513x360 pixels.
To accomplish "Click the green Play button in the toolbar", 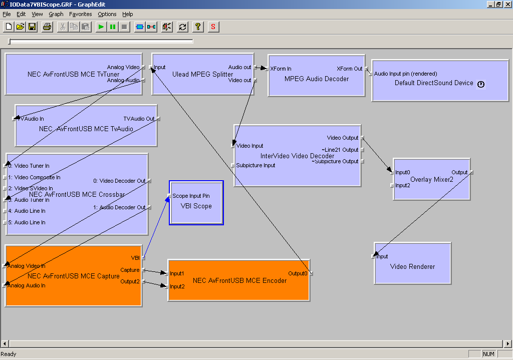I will tap(101, 27).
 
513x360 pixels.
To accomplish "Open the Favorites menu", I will tap(80, 14).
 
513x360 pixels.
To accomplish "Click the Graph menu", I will tap(56, 14).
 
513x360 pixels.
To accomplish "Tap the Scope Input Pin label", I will tap(191, 196).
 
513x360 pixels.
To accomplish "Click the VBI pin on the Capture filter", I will tap(135, 258).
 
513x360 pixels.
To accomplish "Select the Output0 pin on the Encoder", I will tap(298, 273).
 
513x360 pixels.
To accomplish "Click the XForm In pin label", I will tap(281, 69).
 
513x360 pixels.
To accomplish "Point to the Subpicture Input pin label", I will tap(255, 165).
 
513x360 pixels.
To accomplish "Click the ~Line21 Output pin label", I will tap(340, 150).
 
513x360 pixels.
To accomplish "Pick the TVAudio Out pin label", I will tap(139, 119).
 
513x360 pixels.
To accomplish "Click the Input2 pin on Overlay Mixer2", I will tap(402, 185).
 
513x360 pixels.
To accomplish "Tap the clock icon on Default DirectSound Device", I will tap(481, 84).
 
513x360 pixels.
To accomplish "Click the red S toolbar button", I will tap(213, 27).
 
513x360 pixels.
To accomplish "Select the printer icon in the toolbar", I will tap(47, 27).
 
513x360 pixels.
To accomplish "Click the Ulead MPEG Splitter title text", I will tap(202, 74).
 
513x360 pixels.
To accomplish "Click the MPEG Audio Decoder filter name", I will tap(316, 79).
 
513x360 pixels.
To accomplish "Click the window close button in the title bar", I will tap(507, 4).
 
